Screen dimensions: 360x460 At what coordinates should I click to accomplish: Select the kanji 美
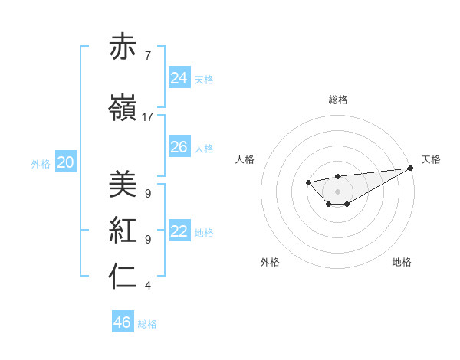pyautogui.click(x=123, y=184)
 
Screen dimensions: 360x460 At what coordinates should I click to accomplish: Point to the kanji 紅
pyautogui.click(x=123, y=230)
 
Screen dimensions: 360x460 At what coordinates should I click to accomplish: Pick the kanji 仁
pyautogui.click(x=123, y=277)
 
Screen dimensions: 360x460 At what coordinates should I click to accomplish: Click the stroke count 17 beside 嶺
pyautogui.click(x=148, y=116)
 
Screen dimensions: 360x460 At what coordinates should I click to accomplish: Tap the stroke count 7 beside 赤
pyautogui.click(x=147, y=55)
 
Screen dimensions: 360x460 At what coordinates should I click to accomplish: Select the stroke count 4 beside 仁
pyautogui.click(x=147, y=286)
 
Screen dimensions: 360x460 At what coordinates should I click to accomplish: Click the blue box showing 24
pyautogui.click(x=179, y=77)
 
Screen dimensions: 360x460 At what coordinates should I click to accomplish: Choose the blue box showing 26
pyautogui.click(x=179, y=146)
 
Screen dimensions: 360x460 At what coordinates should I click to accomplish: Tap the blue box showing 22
pyautogui.click(x=179, y=231)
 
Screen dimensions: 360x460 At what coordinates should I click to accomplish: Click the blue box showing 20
pyautogui.click(x=66, y=162)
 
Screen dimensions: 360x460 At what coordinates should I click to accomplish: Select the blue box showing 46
pyautogui.click(x=123, y=322)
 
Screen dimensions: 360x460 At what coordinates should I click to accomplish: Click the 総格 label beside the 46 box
pyautogui.click(x=148, y=324)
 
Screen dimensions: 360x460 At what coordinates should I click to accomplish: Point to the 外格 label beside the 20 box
pyautogui.click(x=41, y=163)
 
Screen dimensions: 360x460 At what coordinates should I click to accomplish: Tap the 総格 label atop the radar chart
pyautogui.click(x=337, y=100)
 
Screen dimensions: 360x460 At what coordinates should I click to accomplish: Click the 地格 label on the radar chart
pyautogui.click(x=402, y=263)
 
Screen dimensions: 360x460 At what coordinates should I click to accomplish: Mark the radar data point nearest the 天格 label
pyautogui.click(x=411, y=169)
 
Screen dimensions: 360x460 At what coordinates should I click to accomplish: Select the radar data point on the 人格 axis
pyautogui.click(x=308, y=182)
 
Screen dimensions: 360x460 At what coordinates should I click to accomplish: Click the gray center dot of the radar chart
pyautogui.click(x=337, y=191)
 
